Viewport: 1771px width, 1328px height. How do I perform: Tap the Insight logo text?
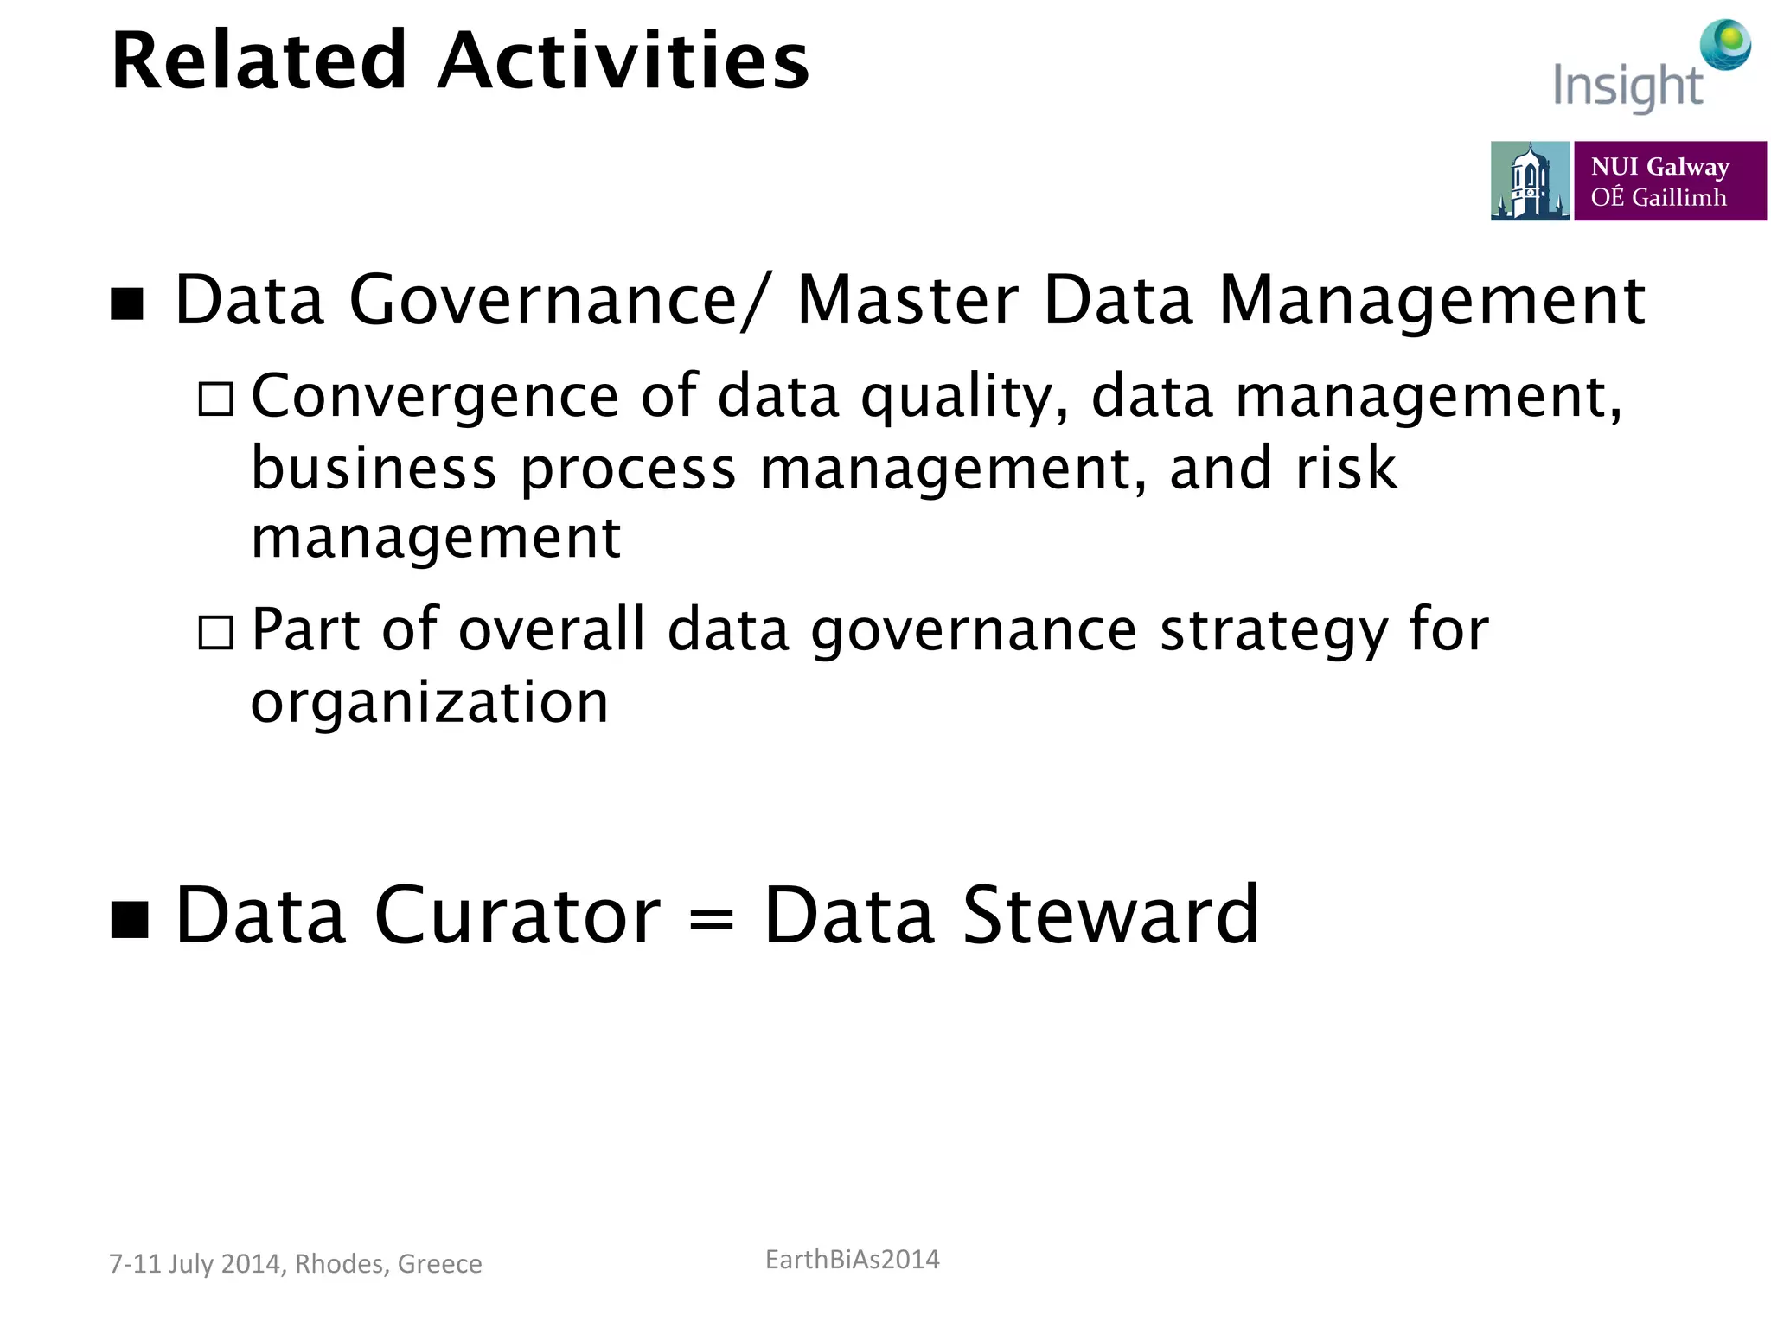pyautogui.click(x=1627, y=86)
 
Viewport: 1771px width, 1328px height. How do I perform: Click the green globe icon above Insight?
pyautogui.click(x=1726, y=43)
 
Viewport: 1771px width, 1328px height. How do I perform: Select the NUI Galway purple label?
pyautogui.click(x=1669, y=182)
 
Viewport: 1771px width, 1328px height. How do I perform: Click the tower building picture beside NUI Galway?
pyautogui.click(x=1529, y=182)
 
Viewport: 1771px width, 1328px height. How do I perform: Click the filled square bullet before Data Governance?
pyautogui.click(x=127, y=303)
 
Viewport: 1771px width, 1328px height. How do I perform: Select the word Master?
pyautogui.click(x=908, y=301)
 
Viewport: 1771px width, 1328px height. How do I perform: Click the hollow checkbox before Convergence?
pyautogui.click(x=215, y=399)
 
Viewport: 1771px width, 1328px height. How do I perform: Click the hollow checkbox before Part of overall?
pyautogui.click(x=215, y=632)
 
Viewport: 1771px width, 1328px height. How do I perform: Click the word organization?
pyautogui.click(x=430, y=702)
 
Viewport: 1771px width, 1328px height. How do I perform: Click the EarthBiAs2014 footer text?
pyautogui.click(x=852, y=1260)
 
